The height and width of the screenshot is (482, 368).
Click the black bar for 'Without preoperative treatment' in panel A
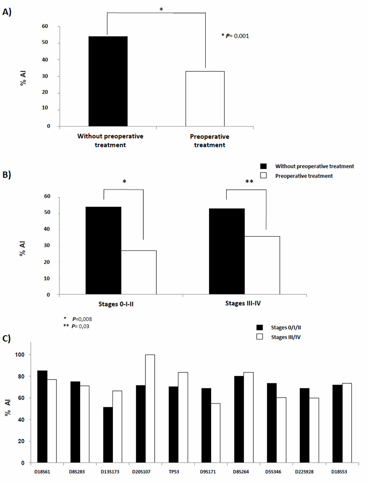(x=108, y=81)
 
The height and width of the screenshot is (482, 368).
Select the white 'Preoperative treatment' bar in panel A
(x=205, y=99)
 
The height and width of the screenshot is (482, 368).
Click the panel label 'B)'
(x=7, y=175)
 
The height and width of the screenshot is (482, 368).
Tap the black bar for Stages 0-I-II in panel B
(x=103, y=250)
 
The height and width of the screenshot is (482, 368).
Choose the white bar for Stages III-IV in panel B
(x=262, y=265)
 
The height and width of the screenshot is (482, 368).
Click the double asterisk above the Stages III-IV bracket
(x=249, y=182)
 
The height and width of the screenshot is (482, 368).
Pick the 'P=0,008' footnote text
(x=82, y=319)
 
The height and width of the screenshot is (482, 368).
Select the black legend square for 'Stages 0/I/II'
(x=260, y=327)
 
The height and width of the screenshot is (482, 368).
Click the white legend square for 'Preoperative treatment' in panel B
(x=263, y=175)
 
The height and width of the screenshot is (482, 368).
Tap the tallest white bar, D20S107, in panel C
(x=150, y=409)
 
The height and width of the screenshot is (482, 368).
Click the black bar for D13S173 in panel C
(x=108, y=435)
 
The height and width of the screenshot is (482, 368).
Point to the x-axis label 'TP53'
(x=174, y=471)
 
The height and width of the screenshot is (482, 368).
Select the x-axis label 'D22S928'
(x=304, y=471)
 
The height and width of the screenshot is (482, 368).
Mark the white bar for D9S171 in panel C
(x=215, y=433)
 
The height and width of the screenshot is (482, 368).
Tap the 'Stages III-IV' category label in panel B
(x=243, y=303)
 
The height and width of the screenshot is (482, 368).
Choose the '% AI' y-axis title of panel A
(x=23, y=78)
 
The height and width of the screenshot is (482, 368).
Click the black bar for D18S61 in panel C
(x=43, y=417)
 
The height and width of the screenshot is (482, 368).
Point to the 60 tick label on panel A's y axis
(x=45, y=26)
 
